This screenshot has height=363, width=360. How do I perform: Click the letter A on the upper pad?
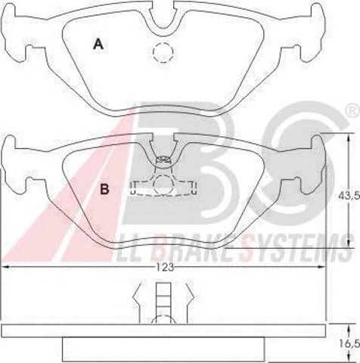tap(98, 44)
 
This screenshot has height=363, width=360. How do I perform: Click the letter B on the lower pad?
tap(104, 189)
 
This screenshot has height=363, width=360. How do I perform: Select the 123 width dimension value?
tap(165, 267)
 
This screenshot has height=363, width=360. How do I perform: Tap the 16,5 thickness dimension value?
tap(350, 344)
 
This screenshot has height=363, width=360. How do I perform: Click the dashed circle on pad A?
tap(163, 52)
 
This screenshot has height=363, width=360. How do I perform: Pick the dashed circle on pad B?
tap(163, 185)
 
